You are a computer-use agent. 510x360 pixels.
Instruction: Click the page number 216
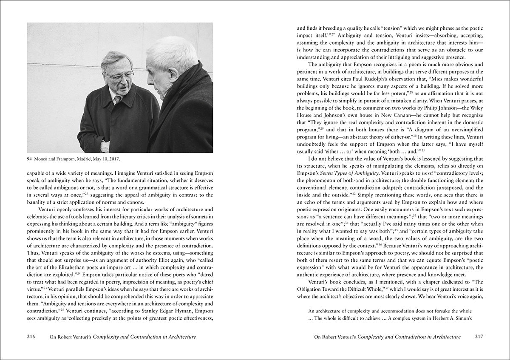[x=31, y=337]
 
